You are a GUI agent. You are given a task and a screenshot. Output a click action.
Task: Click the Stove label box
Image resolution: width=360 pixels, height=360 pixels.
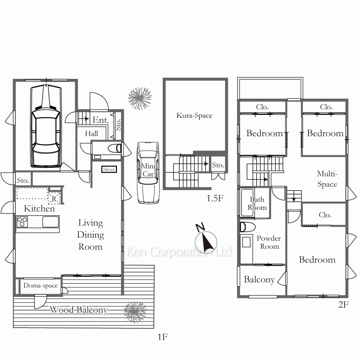(x=109, y=170)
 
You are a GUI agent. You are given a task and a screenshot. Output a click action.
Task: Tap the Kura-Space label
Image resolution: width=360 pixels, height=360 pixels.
(x=194, y=116)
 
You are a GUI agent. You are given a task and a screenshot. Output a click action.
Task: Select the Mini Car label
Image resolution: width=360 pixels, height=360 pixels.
(x=148, y=170)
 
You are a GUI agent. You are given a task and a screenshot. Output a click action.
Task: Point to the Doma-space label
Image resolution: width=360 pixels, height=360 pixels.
(x=40, y=285)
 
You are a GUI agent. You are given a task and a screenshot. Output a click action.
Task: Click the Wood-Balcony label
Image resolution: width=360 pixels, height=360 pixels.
(x=78, y=310)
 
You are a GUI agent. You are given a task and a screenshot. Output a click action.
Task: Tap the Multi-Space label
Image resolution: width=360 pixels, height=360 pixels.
(x=327, y=179)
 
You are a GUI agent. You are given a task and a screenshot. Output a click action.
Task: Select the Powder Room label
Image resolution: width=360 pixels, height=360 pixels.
(x=269, y=242)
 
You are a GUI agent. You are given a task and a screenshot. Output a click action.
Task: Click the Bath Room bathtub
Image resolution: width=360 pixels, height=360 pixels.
(x=247, y=202)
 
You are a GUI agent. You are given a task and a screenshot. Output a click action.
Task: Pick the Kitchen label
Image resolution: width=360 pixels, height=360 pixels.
(x=39, y=208)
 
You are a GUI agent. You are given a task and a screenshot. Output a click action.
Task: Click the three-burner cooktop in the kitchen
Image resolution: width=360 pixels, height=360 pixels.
(x=22, y=222)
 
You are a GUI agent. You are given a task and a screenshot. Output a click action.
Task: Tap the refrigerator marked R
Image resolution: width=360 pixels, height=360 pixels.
(x=54, y=199)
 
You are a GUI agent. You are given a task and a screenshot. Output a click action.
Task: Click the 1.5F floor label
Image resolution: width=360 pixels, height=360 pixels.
(x=215, y=198)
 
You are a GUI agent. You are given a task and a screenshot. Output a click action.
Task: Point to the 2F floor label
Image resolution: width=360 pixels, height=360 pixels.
(x=343, y=305)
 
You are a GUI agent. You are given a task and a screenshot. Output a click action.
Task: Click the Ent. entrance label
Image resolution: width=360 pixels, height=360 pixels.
(x=100, y=120)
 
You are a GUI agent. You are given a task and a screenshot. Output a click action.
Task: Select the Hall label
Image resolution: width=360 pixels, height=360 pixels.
(x=91, y=134)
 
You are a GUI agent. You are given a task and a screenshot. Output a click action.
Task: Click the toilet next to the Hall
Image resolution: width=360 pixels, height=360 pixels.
(x=114, y=148)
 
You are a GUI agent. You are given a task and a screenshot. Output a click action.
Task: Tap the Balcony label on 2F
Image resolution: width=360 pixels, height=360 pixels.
(x=259, y=279)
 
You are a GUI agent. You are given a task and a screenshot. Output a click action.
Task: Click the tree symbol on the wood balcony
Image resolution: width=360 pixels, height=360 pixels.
(x=135, y=312)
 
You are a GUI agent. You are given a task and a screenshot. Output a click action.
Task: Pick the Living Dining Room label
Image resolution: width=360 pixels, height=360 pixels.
(x=90, y=235)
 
